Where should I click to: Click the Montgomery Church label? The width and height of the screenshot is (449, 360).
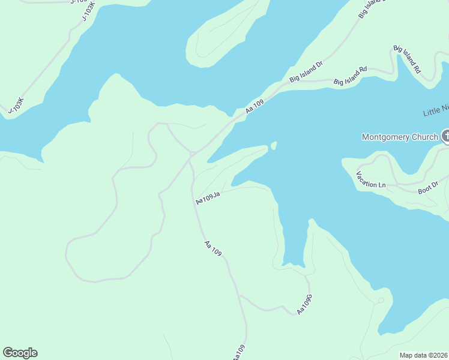click(400, 137)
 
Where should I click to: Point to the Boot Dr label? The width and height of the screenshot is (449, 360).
click(428, 187)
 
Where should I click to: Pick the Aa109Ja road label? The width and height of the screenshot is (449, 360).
click(209, 199)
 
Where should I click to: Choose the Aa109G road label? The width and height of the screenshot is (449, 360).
click(305, 305)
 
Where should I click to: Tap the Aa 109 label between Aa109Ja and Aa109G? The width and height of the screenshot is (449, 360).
click(213, 248)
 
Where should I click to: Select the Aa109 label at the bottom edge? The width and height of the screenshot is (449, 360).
click(239, 352)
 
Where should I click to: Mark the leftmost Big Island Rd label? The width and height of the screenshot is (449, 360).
click(350, 76)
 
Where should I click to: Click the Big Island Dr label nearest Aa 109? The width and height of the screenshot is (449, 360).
click(306, 71)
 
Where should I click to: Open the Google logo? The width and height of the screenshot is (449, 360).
click(20, 353)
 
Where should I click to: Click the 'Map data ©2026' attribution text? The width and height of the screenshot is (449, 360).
click(424, 355)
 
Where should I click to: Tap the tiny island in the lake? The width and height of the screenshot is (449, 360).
click(274, 146)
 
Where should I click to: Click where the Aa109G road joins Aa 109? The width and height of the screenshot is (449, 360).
click(239, 295)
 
